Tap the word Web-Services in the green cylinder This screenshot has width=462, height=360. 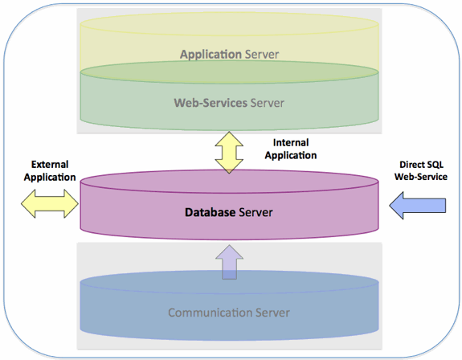pos(211,103)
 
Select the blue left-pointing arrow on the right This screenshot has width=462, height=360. pos(417,206)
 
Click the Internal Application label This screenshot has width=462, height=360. pos(290,149)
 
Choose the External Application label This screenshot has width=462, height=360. pos(50,170)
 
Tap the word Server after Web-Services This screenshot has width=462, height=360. pos(268,103)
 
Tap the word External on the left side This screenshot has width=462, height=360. pos(50,164)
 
